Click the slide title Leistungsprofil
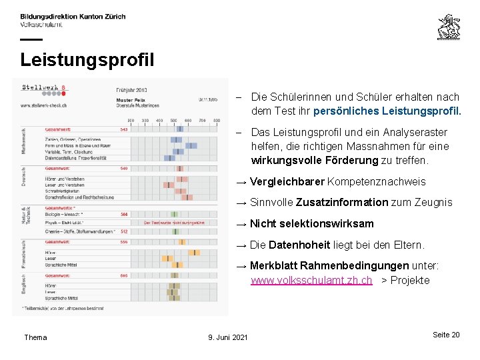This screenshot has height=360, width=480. point(87,60)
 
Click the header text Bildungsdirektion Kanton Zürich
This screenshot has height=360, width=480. point(73,16)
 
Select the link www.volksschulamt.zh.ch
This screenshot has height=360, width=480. point(311,281)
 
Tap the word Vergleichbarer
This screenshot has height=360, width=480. point(287,181)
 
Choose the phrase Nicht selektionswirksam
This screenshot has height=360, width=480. point(311,223)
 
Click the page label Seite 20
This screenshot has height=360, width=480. point(446,335)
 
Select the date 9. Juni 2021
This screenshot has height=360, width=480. point(228,337)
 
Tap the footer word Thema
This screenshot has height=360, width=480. point(35,337)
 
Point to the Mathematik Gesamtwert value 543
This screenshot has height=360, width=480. point(124,129)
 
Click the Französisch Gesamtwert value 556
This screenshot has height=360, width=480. point(124,242)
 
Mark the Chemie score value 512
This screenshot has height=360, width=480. point(124,231)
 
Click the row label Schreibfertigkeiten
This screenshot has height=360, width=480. point(59,191)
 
